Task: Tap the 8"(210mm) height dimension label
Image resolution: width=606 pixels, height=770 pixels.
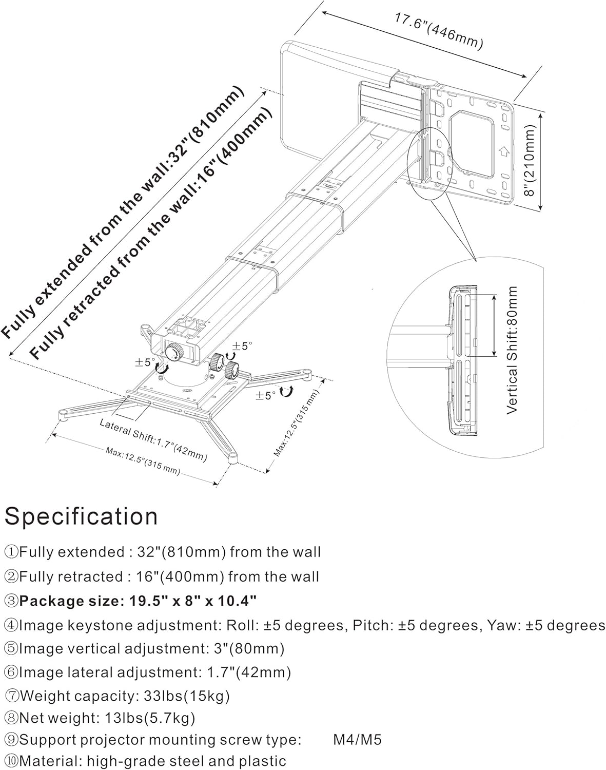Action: pos(530,160)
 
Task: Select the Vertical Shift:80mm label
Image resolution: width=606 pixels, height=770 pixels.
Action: pos(513,350)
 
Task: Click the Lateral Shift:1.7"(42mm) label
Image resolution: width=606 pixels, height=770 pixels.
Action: pos(153,439)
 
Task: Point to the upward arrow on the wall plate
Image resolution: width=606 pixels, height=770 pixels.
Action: pos(504,152)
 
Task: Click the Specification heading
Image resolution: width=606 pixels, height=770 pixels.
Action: pos(81,516)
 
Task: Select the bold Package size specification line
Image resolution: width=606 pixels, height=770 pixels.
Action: pos(138,600)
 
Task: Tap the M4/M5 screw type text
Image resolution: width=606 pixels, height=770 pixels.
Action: pos(357,739)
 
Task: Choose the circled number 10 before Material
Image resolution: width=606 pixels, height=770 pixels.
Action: pos(11,761)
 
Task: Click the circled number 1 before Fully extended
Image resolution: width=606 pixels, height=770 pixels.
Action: pos(11,552)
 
